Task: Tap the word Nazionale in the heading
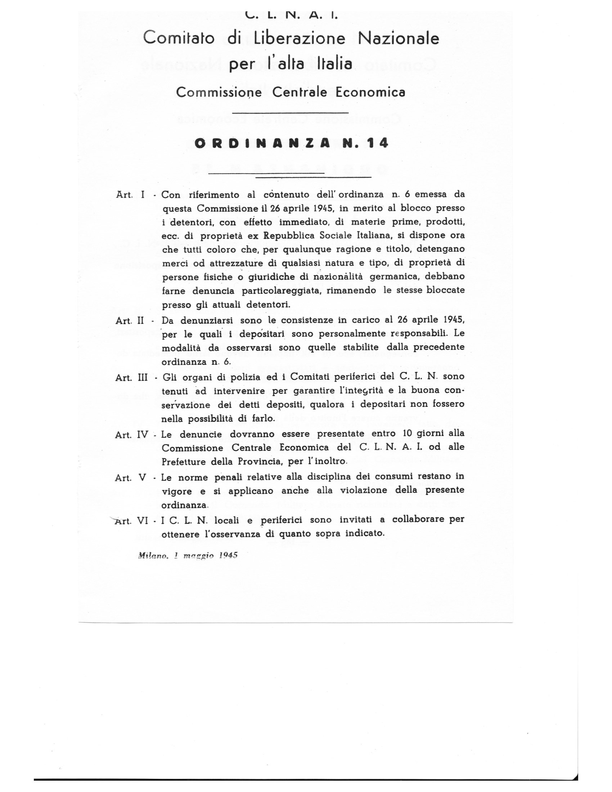pyautogui.click(x=399, y=38)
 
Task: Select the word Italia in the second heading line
pyautogui.click(x=334, y=64)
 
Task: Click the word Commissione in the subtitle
pyautogui.click(x=219, y=92)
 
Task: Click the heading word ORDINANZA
pyautogui.click(x=262, y=143)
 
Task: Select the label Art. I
pyautogui.click(x=130, y=195)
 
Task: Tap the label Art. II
pyautogui.click(x=130, y=320)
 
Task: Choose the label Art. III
pyautogui.click(x=131, y=378)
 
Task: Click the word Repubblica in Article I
pyautogui.click(x=290, y=235)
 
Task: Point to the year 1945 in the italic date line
pyautogui.click(x=228, y=555)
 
